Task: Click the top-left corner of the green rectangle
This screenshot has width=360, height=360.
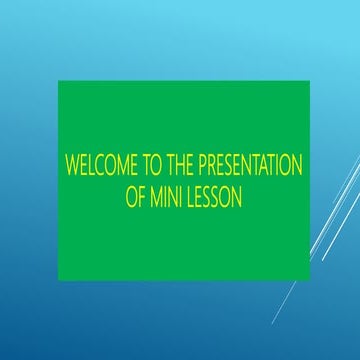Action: [58, 82]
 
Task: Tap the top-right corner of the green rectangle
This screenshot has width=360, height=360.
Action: [310, 82]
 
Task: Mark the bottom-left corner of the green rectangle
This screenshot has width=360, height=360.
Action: [58, 280]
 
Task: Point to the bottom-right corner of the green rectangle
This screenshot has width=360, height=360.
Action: [310, 280]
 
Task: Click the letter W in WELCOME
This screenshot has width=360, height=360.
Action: [72, 167]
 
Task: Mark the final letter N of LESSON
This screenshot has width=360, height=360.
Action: [240, 197]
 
